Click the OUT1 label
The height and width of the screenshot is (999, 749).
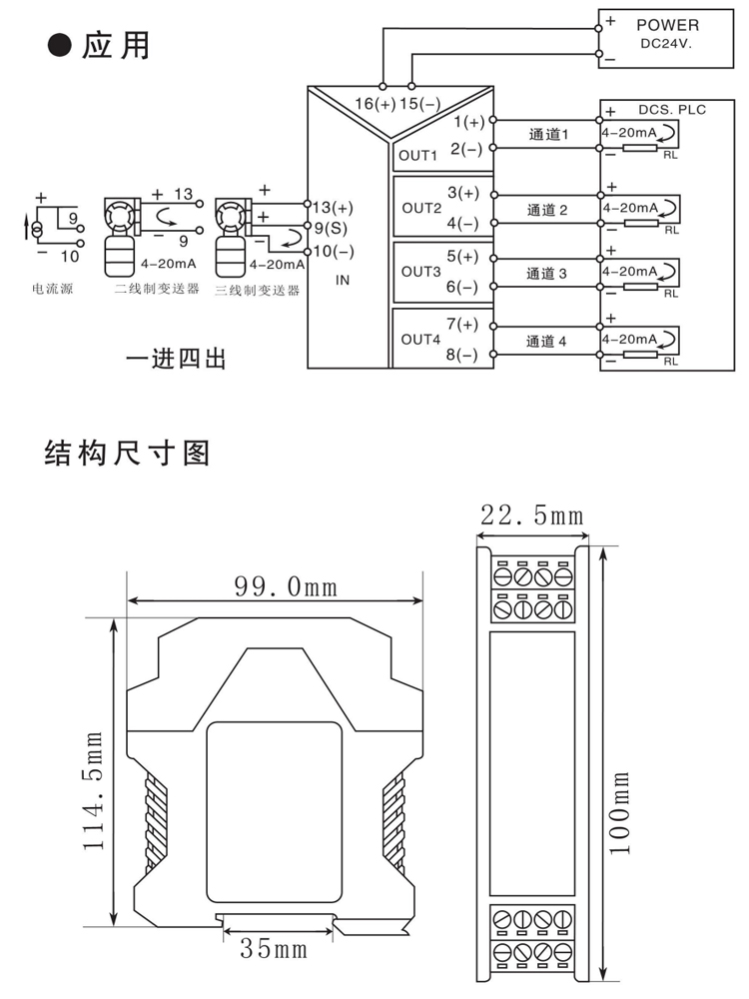[x=418, y=155]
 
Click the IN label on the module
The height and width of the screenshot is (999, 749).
[x=343, y=281]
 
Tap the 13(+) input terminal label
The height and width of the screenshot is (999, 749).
[x=333, y=208]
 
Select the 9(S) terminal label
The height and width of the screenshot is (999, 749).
[x=331, y=228]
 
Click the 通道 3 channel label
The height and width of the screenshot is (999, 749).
[x=546, y=273]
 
